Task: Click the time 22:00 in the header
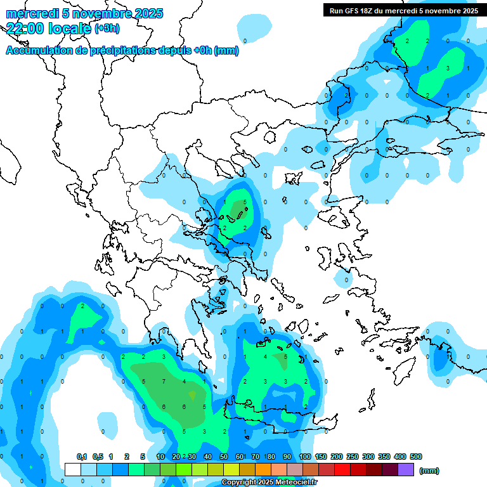pyautogui.click(x=25, y=27)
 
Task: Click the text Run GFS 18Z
pyautogui.click(x=350, y=11)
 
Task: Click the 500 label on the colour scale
pyautogui.click(x=416, y=457)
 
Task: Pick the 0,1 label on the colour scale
pyautogui.click(x=82, y=457)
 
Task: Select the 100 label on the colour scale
pyautogui.click(x=305, y=457)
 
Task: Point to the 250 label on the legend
pyautogui.click(x=353, y=457)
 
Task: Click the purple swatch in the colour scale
pyautogui.click(x=406, y=469)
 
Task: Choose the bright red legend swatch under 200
pyautogui.click(x=342, y=469)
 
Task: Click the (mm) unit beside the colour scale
pyautogui.click(x=429, y=471)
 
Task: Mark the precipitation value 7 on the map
pyautogui.click(x=164, y=381)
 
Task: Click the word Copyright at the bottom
pyautogui.click(x=238, y=483)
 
